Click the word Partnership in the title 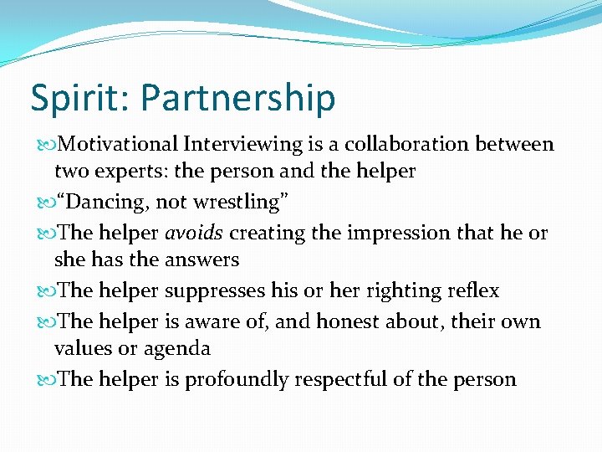point(237,99)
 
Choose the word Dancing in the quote point(105,202)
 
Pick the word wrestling point(239,202)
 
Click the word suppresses point(216,290)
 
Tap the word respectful point(340,379)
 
